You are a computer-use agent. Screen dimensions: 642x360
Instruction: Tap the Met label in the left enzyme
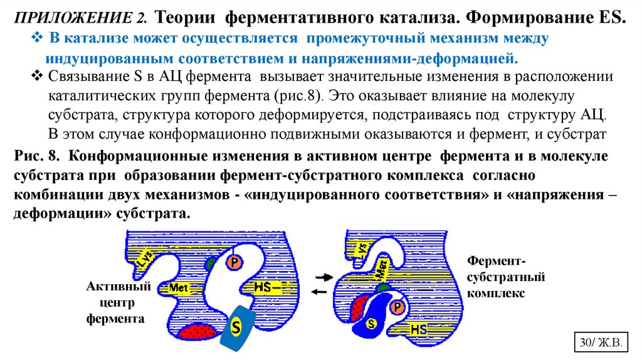[x=178, y=288]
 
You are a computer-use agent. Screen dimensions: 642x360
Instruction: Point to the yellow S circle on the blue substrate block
[x=236, y=326]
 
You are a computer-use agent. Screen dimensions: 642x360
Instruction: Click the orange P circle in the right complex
[x=397, y=307]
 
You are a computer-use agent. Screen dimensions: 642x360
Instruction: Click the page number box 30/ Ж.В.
[x=599, y=343]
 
